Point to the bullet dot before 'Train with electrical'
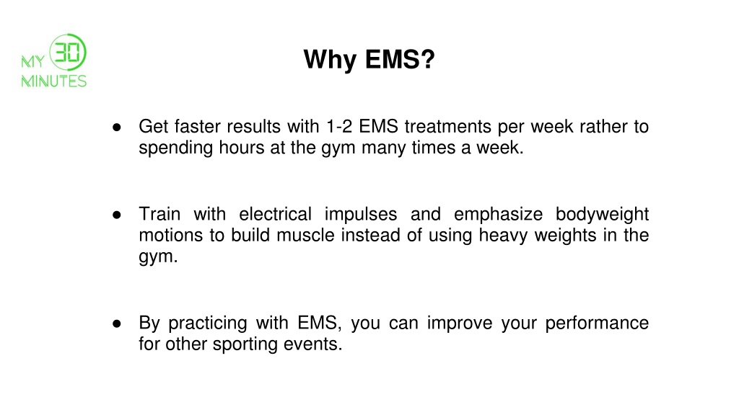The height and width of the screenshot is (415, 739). point(116,215)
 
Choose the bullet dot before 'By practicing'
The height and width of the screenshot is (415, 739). point(116,323)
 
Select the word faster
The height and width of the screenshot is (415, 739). point(198,128)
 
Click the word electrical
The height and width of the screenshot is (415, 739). point(275,214)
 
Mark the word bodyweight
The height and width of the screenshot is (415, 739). point(602,214)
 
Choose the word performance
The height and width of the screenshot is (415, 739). point(597,323)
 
